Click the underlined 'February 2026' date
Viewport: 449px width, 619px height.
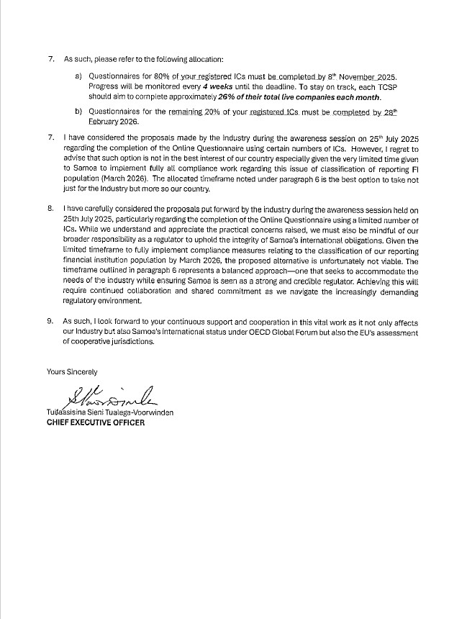pyautogui.click(x=112, y=122)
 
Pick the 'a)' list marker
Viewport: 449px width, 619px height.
pyautogui.click(x=78, y=76)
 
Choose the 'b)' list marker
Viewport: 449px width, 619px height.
pyautogui.click(x=78, y=112)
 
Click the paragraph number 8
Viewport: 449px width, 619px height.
pyautogui.click(x=50, y=208)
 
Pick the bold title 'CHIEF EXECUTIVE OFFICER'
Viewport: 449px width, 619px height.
pyautogui.click(x=96, y=423)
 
